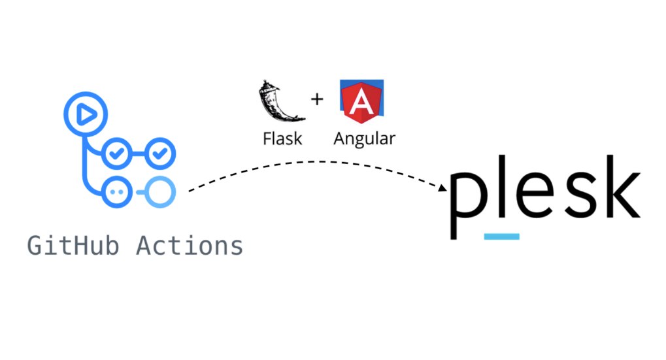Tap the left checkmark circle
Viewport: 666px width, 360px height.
[x=118, y=154]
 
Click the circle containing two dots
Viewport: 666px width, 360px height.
[x=118, y=191]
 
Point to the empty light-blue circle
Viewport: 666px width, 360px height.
[x=159, y=191]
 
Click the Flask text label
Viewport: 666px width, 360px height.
[x=282, y=139]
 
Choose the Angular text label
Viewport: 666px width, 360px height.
[x=364, y=139]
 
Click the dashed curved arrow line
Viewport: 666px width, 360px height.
[x=314, y=162]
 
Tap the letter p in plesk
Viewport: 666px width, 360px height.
[x=469, y=197]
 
